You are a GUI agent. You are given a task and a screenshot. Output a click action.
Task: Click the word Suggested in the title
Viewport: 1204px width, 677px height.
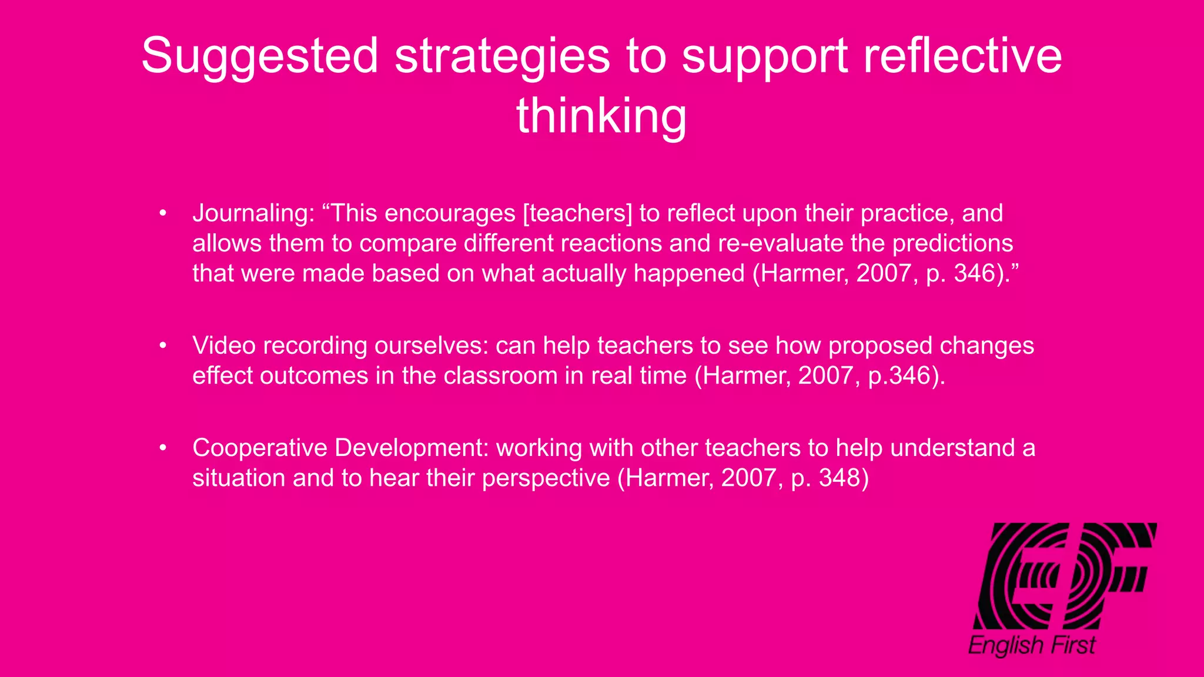259,56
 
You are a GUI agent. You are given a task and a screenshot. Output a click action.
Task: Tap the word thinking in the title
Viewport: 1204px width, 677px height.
601,116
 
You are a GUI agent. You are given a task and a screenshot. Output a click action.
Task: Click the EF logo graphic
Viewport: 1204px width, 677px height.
1064,576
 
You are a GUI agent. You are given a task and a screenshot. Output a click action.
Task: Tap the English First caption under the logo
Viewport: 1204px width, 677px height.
1032,645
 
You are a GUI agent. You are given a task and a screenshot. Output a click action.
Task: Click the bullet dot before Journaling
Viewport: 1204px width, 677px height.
163,213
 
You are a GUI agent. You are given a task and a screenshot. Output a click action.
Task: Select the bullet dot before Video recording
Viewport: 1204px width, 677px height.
163,346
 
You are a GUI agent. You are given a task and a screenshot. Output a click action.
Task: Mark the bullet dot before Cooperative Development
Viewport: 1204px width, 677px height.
163,448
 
